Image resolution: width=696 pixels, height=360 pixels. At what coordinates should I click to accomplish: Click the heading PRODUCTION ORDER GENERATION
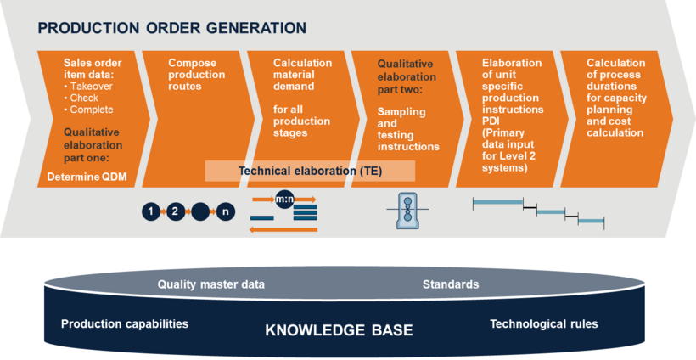coord(171,28)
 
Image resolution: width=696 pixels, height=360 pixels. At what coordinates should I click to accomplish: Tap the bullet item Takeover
coord(88,86)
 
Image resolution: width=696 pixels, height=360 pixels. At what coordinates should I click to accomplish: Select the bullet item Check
coord(81,98)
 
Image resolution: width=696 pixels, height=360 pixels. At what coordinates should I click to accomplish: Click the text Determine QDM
coord(87,177)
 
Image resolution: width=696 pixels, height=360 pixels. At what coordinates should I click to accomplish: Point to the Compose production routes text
coord(196,75)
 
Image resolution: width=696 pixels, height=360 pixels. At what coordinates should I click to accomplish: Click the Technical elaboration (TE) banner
coord(310,171)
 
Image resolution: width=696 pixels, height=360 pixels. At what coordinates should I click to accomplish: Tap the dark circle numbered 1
coord(151,211)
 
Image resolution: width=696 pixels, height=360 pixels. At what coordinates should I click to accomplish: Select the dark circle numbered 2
coord(176,211)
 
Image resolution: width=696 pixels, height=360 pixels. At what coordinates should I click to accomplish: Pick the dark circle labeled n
coord(226,211)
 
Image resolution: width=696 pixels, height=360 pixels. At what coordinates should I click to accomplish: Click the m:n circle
coord(284,200)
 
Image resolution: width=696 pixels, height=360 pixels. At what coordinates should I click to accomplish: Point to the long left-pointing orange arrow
coord(283,229)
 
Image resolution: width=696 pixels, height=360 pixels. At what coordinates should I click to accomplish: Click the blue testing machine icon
coord(407,211)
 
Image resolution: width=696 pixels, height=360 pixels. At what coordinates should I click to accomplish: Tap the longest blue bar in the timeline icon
coord(498,202)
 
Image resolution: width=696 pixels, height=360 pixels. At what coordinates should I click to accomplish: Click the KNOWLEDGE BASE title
coord(340,330)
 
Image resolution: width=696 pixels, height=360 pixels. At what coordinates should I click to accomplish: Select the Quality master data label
coord(210,284)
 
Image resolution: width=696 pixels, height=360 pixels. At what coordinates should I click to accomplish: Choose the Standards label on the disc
coord(451,284)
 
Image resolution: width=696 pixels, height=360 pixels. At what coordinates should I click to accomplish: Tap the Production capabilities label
coord(125,324)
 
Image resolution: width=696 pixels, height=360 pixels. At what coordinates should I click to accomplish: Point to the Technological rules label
coord(544,324)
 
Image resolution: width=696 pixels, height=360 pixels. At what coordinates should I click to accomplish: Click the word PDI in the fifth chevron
coord(491,121)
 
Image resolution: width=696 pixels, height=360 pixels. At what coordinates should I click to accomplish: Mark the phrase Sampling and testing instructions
coord(408,129)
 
